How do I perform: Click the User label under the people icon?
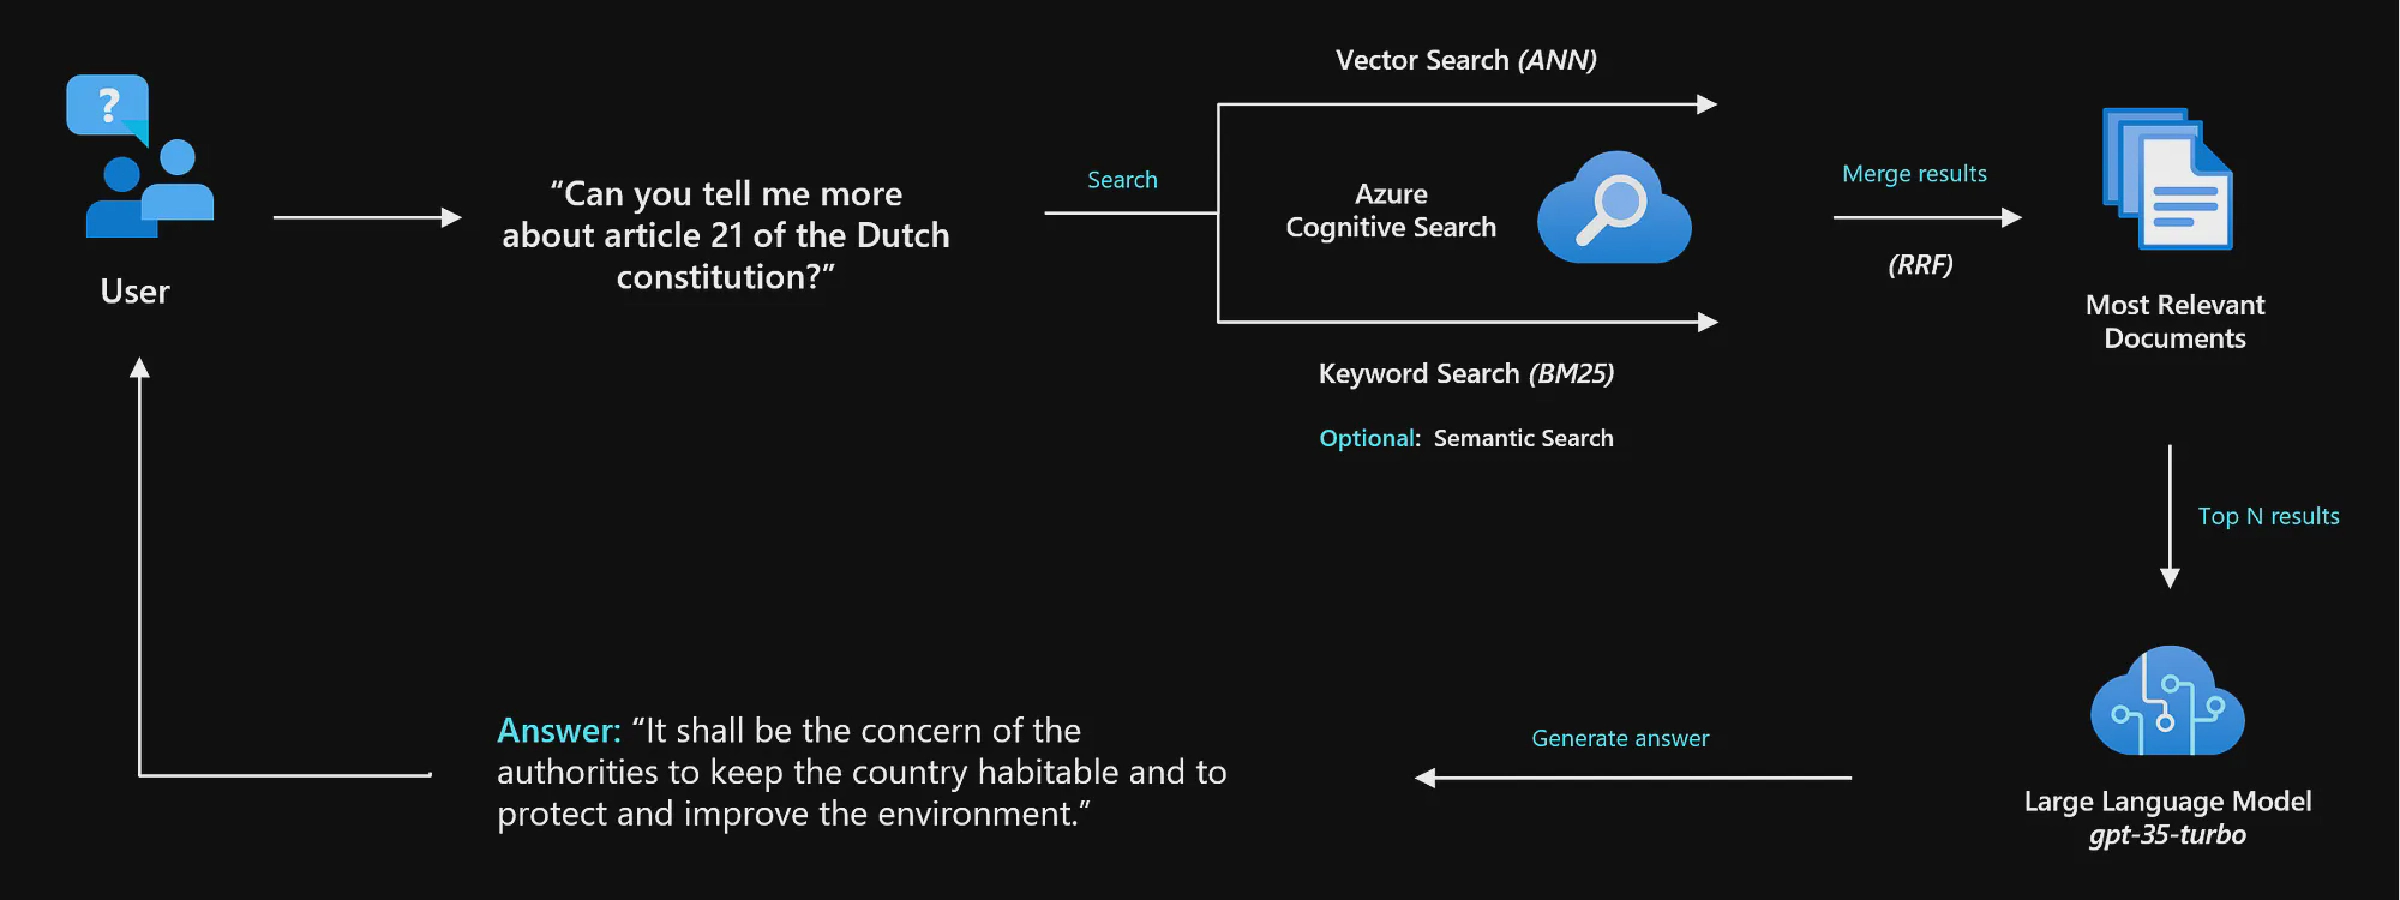point(135,291)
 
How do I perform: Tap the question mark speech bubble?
point(108,104)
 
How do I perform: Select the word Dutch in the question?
point(903,235)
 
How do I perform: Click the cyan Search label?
point(1122,180)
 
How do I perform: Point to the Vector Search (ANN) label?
point(1466,60)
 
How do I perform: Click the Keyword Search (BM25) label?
point(1466,374)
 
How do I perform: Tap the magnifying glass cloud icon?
point(1613,208)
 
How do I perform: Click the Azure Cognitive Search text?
point(1391,211)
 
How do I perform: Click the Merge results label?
point(1914,174)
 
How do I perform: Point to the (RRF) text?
point(1920,265)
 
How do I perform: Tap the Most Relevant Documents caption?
point(2175,322)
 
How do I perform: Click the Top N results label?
point(2268,516)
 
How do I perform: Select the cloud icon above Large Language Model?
point(2167,702)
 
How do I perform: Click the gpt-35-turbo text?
point(2167,835)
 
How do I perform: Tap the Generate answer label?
point(1620,738)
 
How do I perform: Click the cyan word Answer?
point(559,731)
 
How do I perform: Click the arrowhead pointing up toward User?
point(140,368)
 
